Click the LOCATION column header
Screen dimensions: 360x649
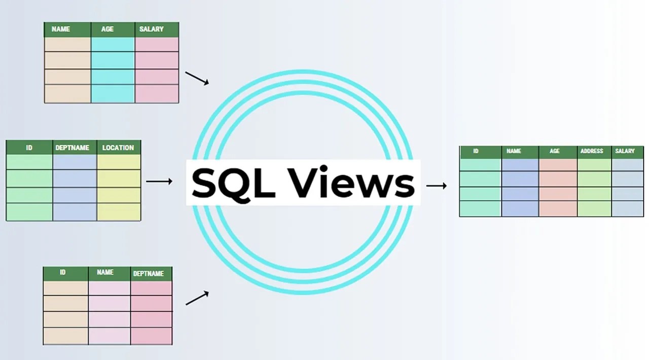(118, 148)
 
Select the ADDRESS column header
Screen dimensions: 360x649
(592, 151)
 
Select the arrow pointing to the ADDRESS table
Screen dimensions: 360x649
(437, 186)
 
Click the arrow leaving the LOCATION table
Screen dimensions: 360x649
(159, 181)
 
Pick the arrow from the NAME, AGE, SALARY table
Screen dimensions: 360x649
(197, 78)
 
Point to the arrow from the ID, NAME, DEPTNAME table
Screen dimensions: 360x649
(197, 298)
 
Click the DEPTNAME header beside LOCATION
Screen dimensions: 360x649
(73, 148)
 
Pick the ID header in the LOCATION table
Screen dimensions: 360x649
(29, 148)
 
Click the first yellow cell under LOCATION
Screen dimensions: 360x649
(118, 162)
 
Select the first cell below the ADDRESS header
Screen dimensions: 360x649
(594, 165)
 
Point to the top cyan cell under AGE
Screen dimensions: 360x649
(113, 44)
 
